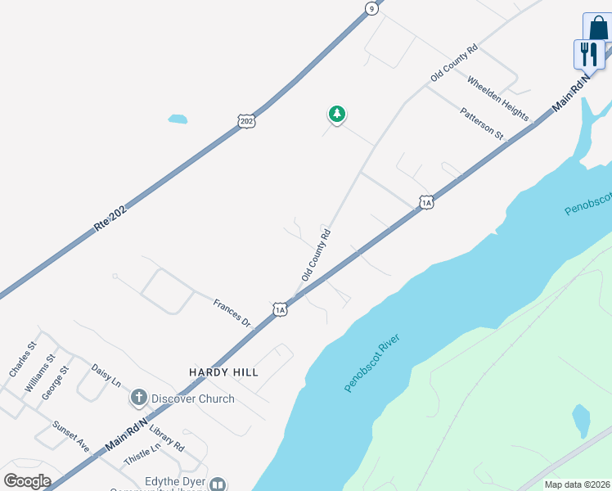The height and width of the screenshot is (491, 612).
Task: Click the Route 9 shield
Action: pos(371,8)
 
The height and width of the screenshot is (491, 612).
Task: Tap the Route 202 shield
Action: pos(248,120)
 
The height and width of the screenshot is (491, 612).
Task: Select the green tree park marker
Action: pos(336,114)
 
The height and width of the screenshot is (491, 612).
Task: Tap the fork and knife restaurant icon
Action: pos(588,54)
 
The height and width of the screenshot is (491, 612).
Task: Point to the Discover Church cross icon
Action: pos(138,399)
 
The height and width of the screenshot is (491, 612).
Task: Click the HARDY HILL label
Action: pos(223,372)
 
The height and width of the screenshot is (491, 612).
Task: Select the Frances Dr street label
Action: pos(232,313)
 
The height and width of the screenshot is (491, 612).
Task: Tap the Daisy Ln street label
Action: pos(106,376)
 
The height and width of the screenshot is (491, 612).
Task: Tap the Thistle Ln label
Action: pos(142,456)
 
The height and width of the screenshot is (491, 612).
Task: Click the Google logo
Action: pos(27,481)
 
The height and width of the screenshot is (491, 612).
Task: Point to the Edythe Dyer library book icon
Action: pos(218,484)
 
